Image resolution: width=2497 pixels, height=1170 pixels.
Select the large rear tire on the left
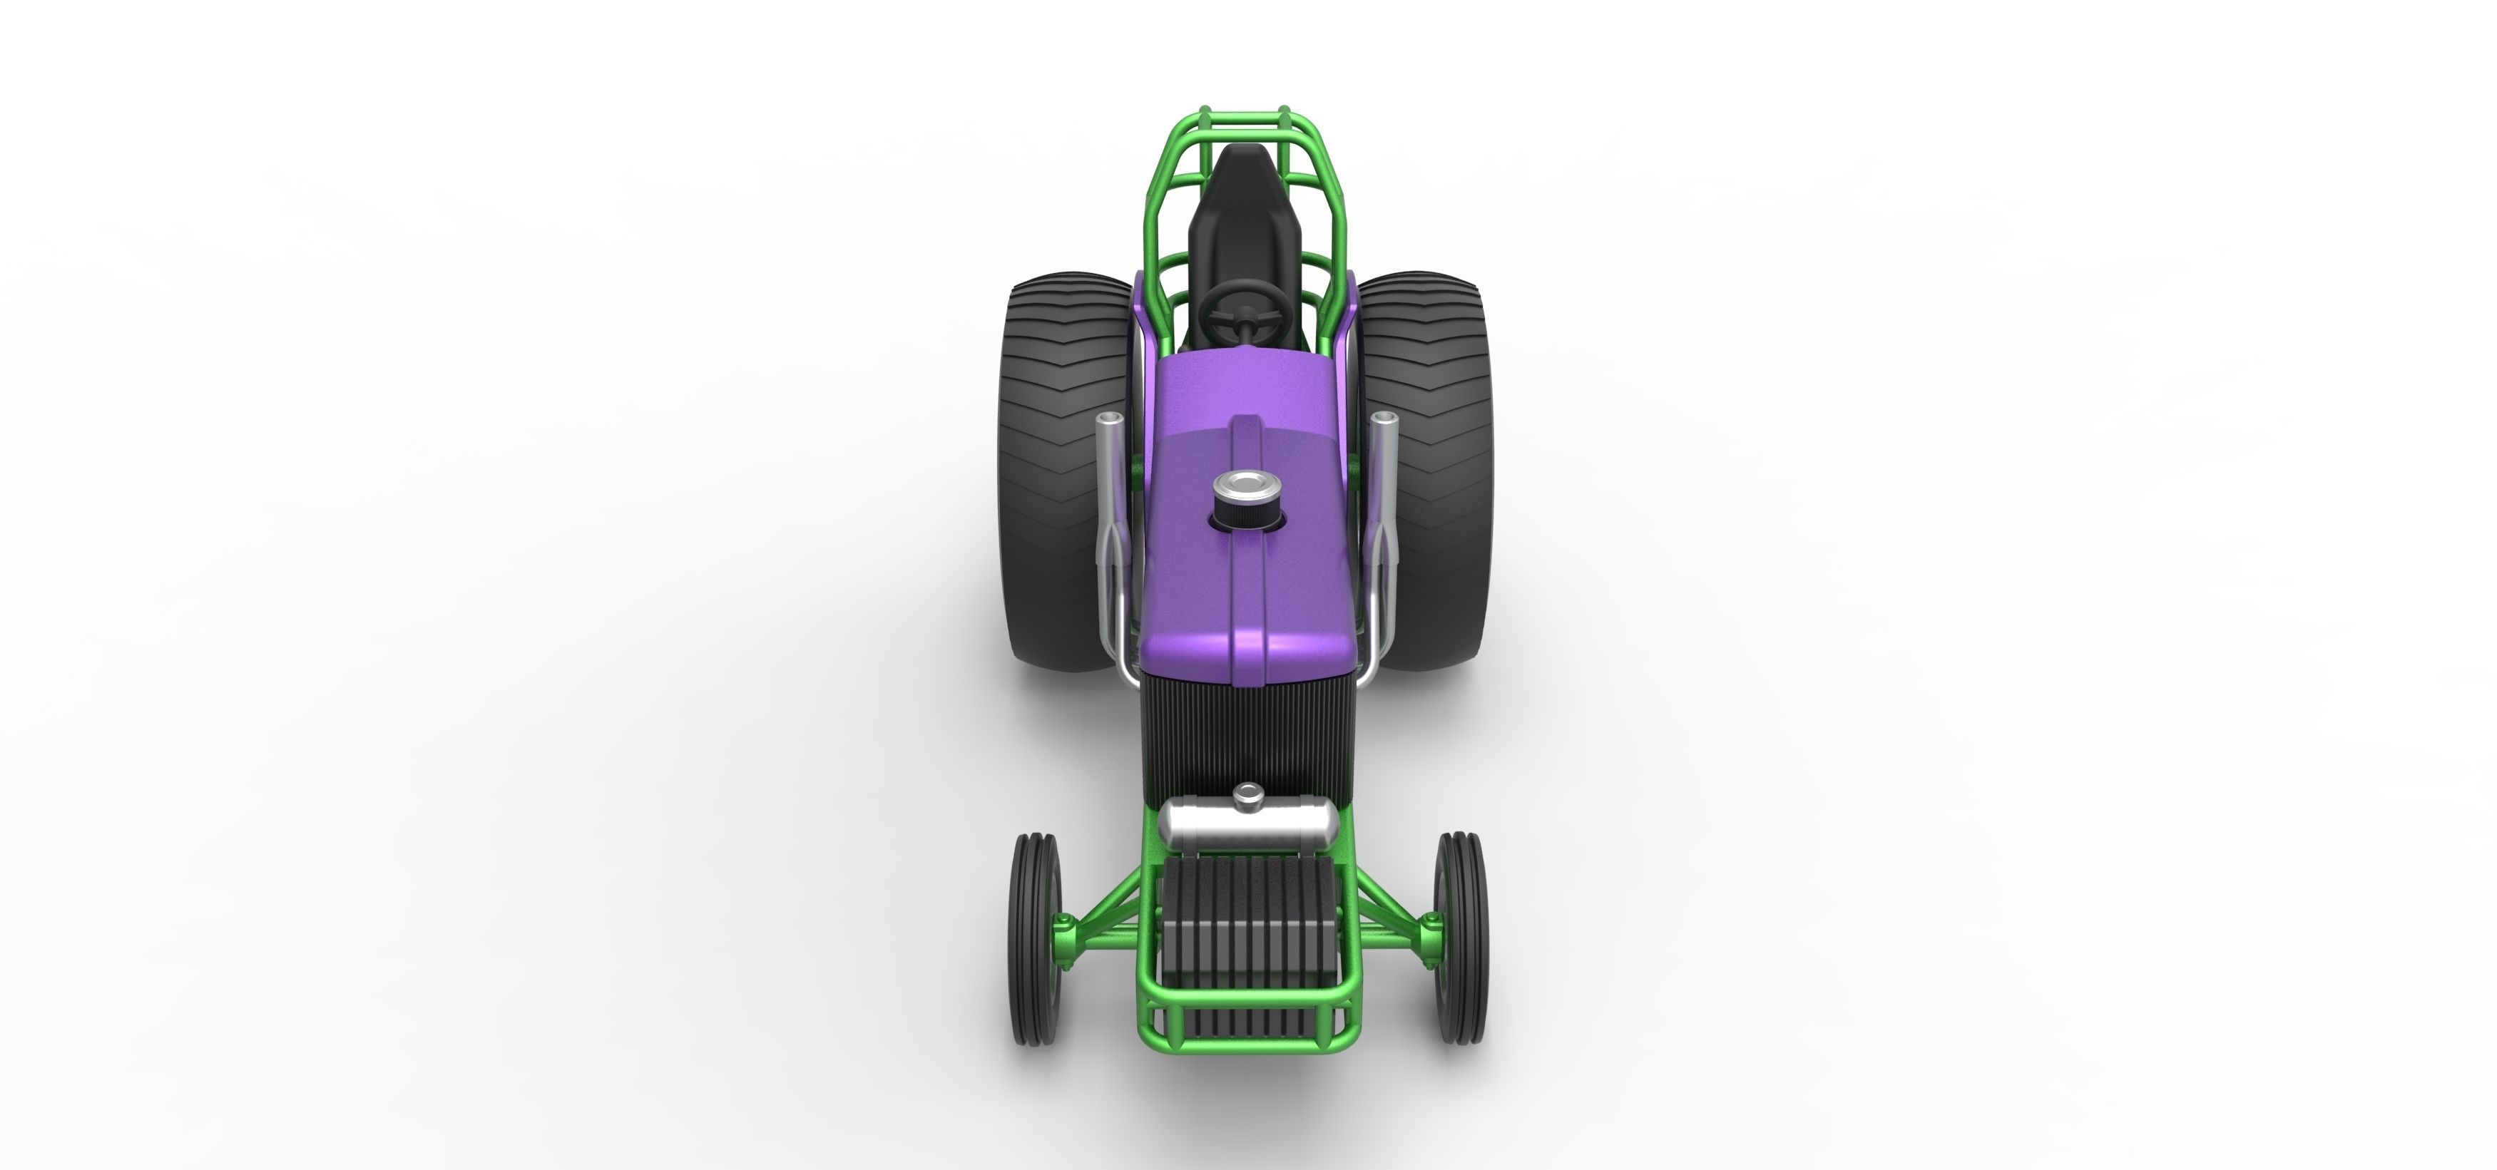pyautogui.click(x=1061, y=466)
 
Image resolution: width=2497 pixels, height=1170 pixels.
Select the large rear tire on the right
pyautogui.click(x=1427, y=466)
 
